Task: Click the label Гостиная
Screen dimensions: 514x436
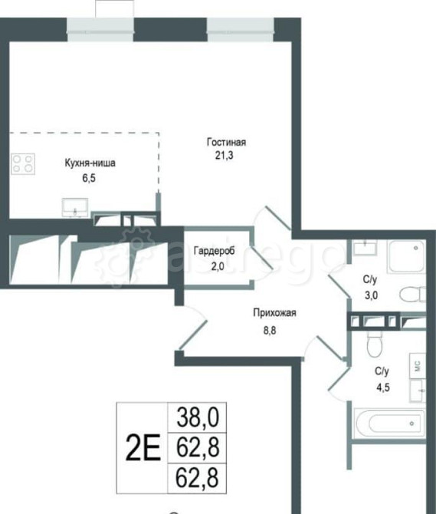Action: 226,142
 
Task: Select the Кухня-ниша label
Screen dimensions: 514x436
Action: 90,163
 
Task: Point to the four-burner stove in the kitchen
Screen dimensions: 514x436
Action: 22,163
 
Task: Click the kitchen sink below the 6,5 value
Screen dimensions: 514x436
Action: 75,206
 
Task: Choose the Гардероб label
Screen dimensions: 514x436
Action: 214,252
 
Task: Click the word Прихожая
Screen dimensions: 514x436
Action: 274,312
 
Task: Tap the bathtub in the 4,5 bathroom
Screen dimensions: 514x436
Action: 390,423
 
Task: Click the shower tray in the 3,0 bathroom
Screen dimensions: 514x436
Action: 405,256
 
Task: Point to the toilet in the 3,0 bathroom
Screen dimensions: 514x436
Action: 411,294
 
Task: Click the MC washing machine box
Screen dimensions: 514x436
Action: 418,365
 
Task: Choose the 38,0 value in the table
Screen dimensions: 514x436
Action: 198,417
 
